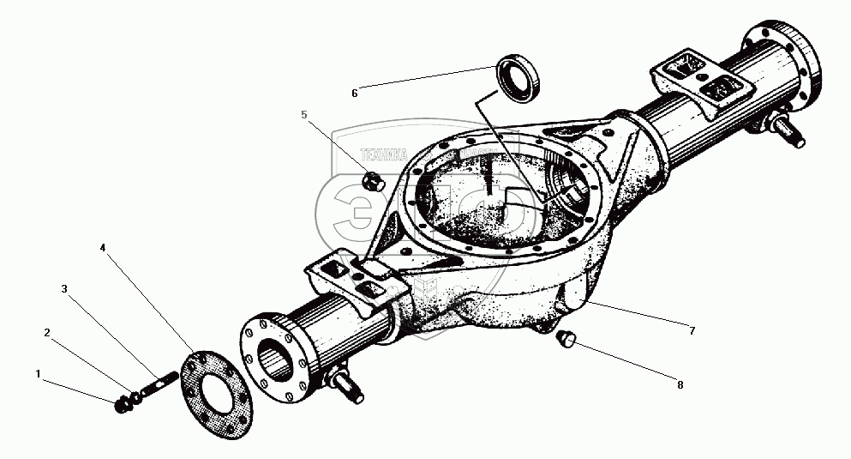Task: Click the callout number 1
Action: click(x=38, y=373)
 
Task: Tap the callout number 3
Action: click(x=64, y=289)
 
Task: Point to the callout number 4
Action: click(x=102, y=248)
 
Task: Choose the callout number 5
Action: click(x=303, y=114)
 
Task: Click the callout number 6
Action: click(x=354, y=93)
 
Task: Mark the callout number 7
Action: click(x=692, y=330)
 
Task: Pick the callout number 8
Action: click(x=680, y=385)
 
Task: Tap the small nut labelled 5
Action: click(x=371, y=181)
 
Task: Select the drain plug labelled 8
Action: click(x=564, y=341)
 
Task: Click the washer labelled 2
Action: click(x=135, y=399)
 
